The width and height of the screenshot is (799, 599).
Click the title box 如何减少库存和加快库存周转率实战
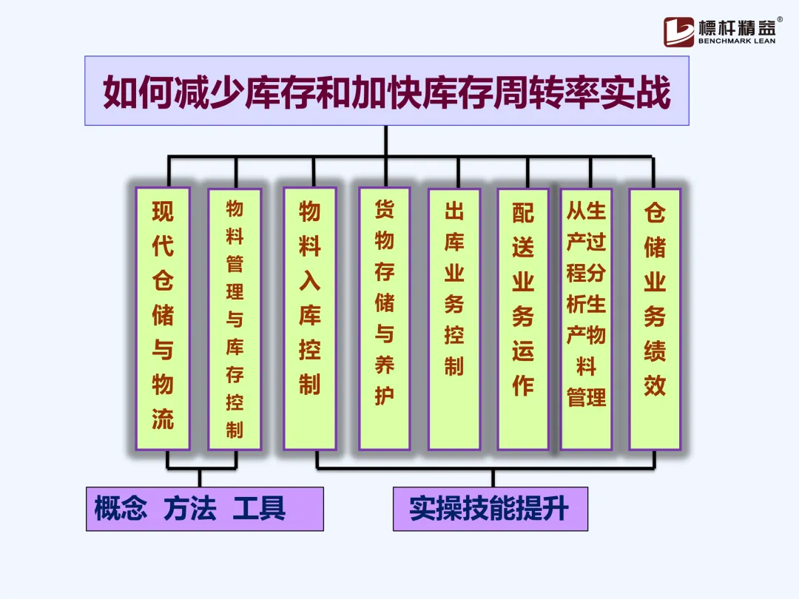(x=386, y=91)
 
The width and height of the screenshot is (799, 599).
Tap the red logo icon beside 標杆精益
(x=678, y=32)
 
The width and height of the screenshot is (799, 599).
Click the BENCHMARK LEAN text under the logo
(x=736, y=41)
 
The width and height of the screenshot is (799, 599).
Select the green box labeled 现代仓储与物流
(x=163, y=318)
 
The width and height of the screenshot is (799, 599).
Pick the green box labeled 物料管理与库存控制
(x=235, y=318)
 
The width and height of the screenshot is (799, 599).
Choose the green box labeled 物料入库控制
(x=310, y=318)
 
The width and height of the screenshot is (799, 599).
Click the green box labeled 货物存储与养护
(x=384, y=318)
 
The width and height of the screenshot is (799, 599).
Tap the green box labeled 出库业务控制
(x=454, y=318)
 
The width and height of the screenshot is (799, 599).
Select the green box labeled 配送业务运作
(x=523, y=318)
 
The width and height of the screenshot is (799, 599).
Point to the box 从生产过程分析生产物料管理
(x=586, y=318)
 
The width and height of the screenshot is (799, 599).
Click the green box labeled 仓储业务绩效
(x=655, y=318)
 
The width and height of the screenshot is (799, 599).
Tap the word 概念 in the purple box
(x=121, y=509)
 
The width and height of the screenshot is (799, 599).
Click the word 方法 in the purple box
(x=190, y=509)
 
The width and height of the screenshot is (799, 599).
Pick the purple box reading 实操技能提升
(x=490, y=509)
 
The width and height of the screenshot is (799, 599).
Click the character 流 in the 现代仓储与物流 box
(x=163, y=419)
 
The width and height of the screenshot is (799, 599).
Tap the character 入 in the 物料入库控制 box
(x=310, y=281)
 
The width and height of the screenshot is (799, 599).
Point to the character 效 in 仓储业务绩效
(x=655, y=385)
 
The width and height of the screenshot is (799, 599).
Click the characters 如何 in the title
(x=137, y=92)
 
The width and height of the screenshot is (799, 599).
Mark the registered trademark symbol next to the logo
(x=779, y=20)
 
